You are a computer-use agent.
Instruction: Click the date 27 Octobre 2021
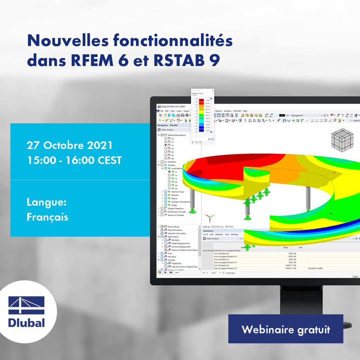(70, 146)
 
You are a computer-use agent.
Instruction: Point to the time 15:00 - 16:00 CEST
(74, 160)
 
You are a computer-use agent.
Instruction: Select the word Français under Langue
(47, 217)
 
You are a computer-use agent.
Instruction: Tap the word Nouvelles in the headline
(67, 41)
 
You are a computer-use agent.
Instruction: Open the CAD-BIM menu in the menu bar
(237, 111)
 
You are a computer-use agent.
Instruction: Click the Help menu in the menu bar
(245, 111)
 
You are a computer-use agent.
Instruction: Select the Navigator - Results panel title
(168, 125)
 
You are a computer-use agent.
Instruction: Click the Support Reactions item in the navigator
(175, 208)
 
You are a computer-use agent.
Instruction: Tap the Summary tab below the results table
(230, 273)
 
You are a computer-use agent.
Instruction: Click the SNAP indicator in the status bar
(355, 277)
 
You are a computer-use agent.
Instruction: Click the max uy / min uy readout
(218, 227)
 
